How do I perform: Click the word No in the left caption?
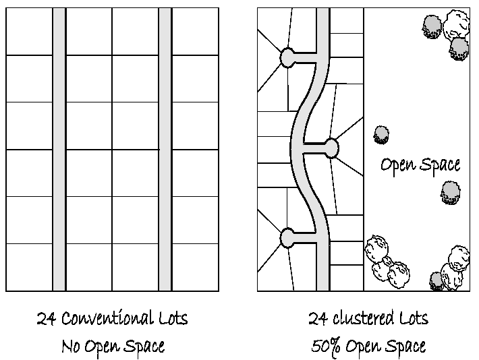point(72,347)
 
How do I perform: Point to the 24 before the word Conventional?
point(46,318)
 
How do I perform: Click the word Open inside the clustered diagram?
point(395,164)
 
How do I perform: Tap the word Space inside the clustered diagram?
point(439,165)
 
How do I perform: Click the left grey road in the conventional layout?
point(59,150)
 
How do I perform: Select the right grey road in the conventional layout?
point(165,150)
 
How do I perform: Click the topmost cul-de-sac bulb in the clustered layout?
point(288,58)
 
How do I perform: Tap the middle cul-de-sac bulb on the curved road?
point(331,147)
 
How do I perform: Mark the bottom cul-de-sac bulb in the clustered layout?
point(287,237)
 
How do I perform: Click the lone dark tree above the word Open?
point(382,134)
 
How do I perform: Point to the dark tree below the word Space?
point(450,192)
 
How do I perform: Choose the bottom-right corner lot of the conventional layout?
point(196,267)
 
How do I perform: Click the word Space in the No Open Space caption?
point(144,347)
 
